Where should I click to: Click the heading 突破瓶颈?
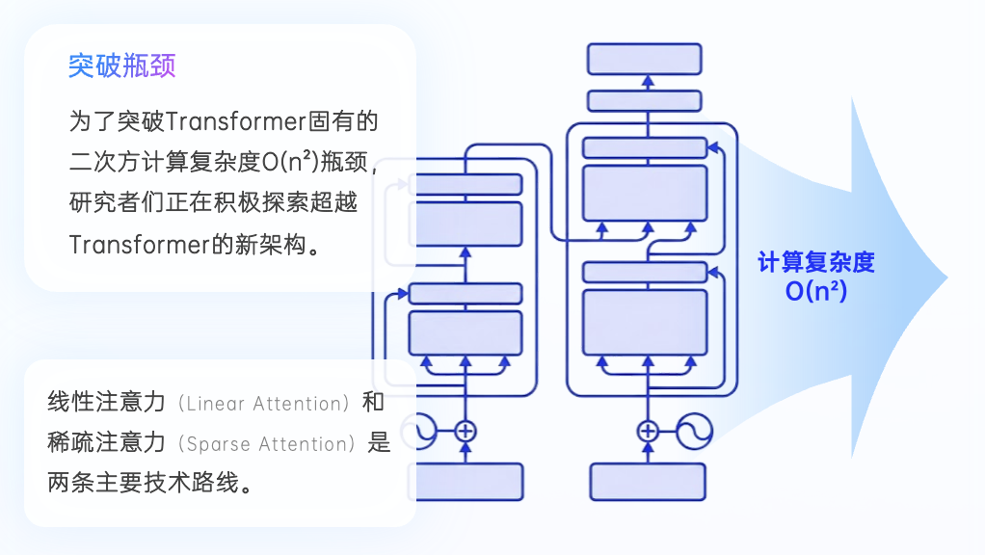click(x=121, y=66)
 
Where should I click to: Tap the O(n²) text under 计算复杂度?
click(x=815, y=290)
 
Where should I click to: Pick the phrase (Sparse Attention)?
click(x=264, y=444)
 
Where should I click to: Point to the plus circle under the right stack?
click(x=649, y=431)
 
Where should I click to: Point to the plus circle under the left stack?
click(x=466, y=431)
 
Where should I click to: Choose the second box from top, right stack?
click(x=644, y=100)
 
